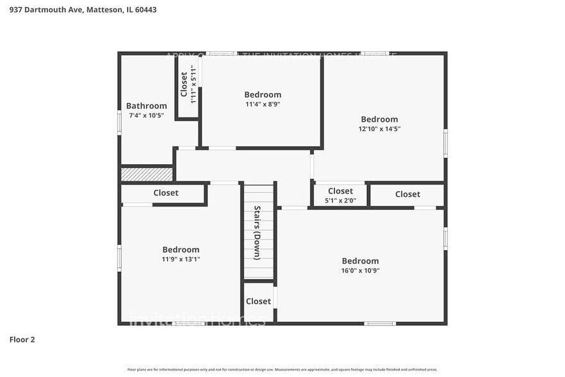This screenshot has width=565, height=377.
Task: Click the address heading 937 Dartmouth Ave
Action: click(x=83, y=10)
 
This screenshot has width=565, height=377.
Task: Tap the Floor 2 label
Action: click(x=22, y=339)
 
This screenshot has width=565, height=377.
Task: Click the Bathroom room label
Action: click(x=146, y=106)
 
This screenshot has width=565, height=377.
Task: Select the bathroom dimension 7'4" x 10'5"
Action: click(x=146, y=115)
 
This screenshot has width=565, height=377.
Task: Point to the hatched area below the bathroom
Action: click(x=147, y=174)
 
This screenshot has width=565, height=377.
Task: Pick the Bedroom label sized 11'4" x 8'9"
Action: click(x=263, y=94)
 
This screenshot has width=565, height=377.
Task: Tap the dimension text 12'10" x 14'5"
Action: click(x=379, y=129)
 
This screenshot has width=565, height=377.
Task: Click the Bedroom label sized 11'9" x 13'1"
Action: click(x=181, y=249)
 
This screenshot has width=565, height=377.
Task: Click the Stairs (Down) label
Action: click(x=257, y=232)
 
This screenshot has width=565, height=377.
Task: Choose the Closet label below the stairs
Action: click(x=258, y=301)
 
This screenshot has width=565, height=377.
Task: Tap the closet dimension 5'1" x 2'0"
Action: click(x=340, y=200)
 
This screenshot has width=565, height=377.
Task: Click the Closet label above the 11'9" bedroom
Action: click(x=166, y=193)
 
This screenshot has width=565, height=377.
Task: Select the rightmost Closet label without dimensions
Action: click(x=407, y=194)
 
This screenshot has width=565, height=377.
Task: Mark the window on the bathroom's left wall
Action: click(x=119, y=122)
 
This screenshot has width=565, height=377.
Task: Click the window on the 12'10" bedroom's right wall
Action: click(x=445, y=143)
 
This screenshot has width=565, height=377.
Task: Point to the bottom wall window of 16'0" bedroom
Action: click(x=380, y=323)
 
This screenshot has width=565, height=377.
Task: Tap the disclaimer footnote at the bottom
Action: click(x=282, y=369)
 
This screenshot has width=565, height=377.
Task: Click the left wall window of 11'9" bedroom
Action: click(x=119, y=258)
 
